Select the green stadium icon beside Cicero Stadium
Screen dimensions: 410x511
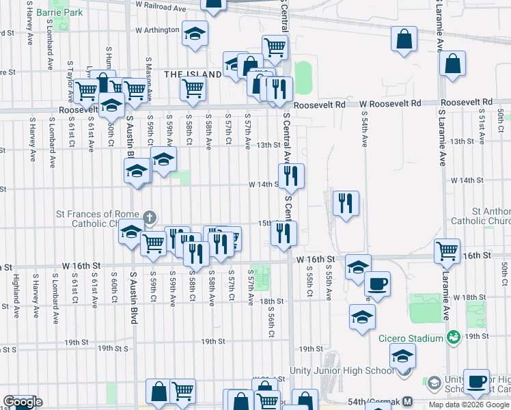pyautogui.click(x=452, y=337)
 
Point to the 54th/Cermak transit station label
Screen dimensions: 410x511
pyautogui.click(x=369, y=400)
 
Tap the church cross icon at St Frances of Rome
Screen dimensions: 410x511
pyautogui.click(x=150, y=219)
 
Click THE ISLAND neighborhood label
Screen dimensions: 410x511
pyautogui.click(x=192, y=74)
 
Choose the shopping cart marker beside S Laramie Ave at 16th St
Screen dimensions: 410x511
pyautogui.click(x=447, y=250)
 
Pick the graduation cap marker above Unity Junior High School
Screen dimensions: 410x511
pyautogui.click(x=403, y=355)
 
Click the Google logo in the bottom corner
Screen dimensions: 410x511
pyautogui.click(x=23, y=402)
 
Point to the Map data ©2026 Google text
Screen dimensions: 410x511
pyautogui.click(x=469, y=405)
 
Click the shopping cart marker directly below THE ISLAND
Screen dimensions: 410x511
pyautogui.click(x=193, y=87)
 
